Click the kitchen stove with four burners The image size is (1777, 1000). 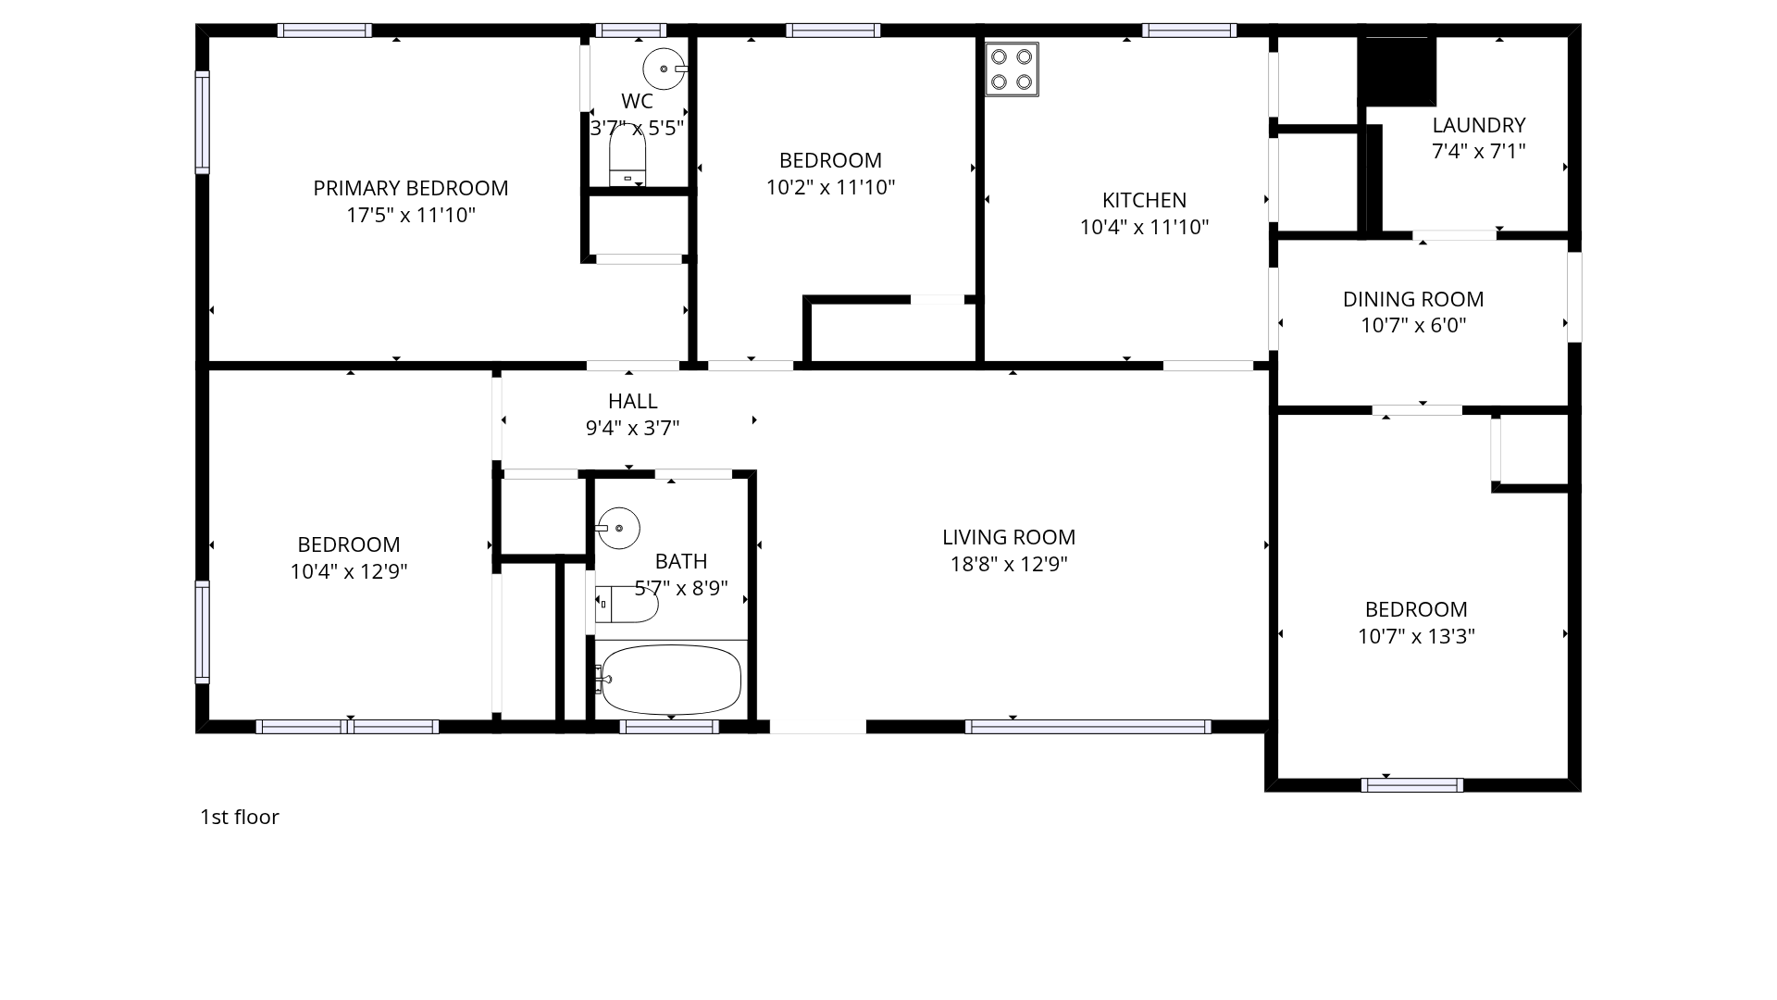tap(1012, 69)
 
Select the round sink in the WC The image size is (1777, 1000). tap(665, 69)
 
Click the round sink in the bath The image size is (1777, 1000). tap(618, 528)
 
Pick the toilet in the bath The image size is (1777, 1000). tap(627, 605)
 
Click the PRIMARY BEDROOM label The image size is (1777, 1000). tap(411, 188)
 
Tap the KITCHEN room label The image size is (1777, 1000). tap(1144, 200)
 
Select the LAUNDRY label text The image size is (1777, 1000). tap(1479, 125)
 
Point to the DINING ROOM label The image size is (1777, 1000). tap(1413, 299)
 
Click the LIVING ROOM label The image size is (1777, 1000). tap(1009, 537)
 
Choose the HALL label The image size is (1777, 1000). tap(633, 401)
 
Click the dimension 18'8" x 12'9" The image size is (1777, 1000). tap(1009, 564)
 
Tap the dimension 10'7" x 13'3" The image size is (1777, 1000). tap(1416, 636)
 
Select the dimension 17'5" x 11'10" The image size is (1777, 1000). tap(411, 215)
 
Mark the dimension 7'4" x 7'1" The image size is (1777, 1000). tap(1479, 151)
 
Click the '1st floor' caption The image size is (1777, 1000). tap(240, 817)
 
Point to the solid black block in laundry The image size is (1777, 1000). tap(1397, 71)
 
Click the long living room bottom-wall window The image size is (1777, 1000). tap(1087, 727)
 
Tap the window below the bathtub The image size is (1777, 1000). tap(669, 727)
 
